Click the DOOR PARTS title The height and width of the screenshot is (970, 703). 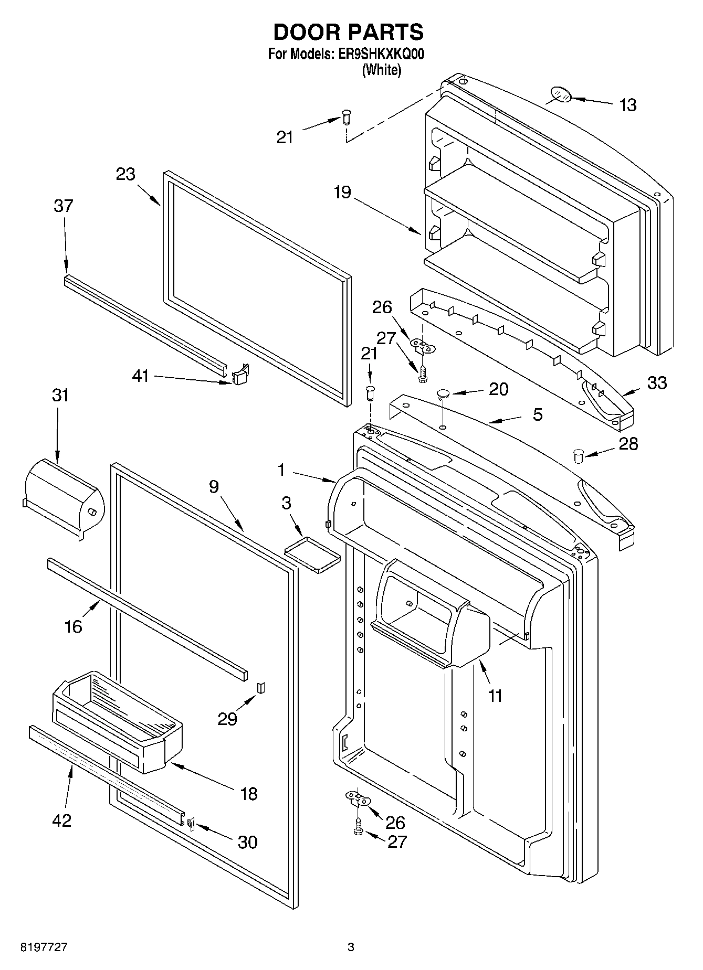pyautogui.click(x=349, y=33)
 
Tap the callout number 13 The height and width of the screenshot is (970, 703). pyautogui.click(x=627, y=105)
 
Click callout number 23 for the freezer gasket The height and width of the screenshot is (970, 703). pyautogui.click(x=125, y=174)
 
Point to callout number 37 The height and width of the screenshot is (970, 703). pyautogui.click(x=63, y=206)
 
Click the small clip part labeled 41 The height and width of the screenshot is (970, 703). pyautogui.click(x=240, y=375)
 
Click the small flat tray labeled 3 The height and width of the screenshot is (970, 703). pyautogui.click(x=312, y=554)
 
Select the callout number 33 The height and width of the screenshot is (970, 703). pyautogui.click(x=657, y=383)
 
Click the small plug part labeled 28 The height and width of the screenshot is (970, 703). pyautogui.click(x=579, y=455)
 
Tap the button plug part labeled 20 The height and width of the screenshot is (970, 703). pyautogui.click(x=443, y=393)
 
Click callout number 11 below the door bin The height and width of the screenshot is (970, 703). pyautogui.click(x=495, y=696)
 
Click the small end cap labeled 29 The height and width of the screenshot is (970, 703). pyautogui.click(x=261, y=687)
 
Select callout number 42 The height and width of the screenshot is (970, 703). pyautogui.click(x=62, y=820)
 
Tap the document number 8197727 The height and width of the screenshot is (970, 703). pyautogui.click(x=44, y=947)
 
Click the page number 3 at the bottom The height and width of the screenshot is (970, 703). pyautogui.click(x=351, y=947)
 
